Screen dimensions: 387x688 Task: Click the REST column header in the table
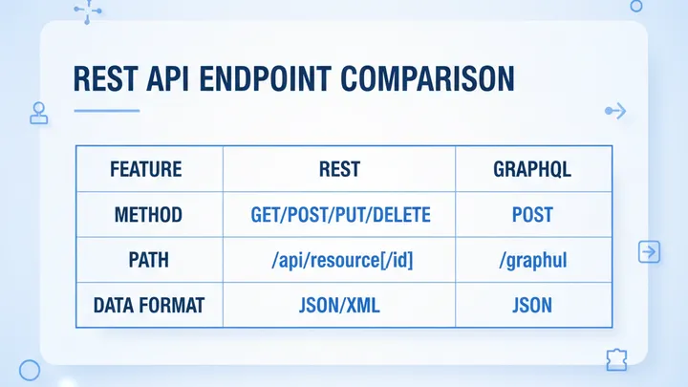pyautogui.click(x=339, y=170)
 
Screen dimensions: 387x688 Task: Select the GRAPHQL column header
pyautogui.click(x=532, y=170)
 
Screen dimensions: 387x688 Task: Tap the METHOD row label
pyautogui.click(x=147, y=215)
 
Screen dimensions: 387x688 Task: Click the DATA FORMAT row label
pyautogui.click(x=147, y=307)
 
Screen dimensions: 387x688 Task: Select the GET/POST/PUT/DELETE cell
pyautogui.click(x=339, y=215)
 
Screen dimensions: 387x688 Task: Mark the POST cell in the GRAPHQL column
pyautogui.click(x=532, y=215)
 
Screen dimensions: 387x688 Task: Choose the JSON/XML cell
pyautogui.click(x=339, y=307)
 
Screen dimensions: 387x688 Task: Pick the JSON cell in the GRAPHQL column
pyautogui.click(x=532, y=307)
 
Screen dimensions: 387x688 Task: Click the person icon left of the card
pyautogui.click(x=39, y=113)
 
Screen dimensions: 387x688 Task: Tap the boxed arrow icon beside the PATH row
pyautogui.click(x=648, y=252)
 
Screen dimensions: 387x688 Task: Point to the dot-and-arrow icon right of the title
pyautogui.click(x=615, y=112)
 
